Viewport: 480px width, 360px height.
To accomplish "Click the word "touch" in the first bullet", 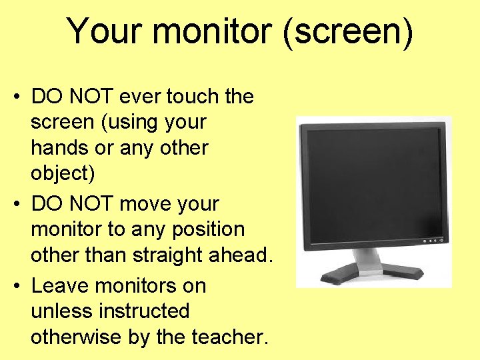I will [x=194, y=97].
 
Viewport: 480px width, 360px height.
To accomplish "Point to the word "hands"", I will [x=61, y=148].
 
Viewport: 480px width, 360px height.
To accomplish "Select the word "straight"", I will [x=169, y=255].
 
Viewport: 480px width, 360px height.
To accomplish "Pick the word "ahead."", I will [x=242, y=255].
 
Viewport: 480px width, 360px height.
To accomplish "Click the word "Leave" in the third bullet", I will [x=61, y=286].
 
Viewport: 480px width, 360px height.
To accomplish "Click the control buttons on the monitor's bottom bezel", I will [x=431, y=241].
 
